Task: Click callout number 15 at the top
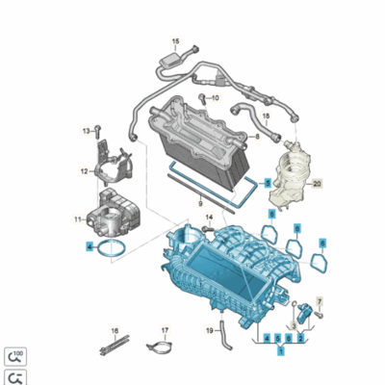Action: pos(175,40)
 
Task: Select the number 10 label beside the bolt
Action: pos(215,97)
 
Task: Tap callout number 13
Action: pos(86,130)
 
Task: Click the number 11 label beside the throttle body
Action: pos(79,221)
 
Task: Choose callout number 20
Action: pos(317,182)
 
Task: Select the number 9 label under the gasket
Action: pos(199,204)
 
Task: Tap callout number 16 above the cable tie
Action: pos(115,329)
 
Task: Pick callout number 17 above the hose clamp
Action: pos(165,329)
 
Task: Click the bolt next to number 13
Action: pos(97,129)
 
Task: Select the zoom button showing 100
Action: pos(14,356)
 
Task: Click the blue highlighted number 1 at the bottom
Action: pos(281,352)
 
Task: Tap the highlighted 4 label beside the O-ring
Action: pos(89,246)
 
